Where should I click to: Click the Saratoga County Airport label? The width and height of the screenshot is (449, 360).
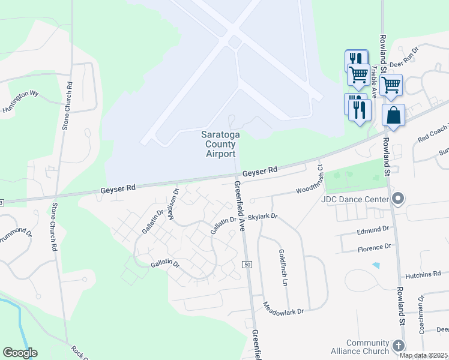tap(220, 145)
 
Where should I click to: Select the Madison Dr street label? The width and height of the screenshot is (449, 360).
tap(173, 204)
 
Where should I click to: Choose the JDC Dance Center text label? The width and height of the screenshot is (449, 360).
tap(355, 199)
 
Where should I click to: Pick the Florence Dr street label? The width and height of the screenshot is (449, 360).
tap(374, 247)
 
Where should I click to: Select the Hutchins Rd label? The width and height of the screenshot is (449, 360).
tap(424, 274)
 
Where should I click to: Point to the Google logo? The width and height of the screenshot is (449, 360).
tap(20, 353)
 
